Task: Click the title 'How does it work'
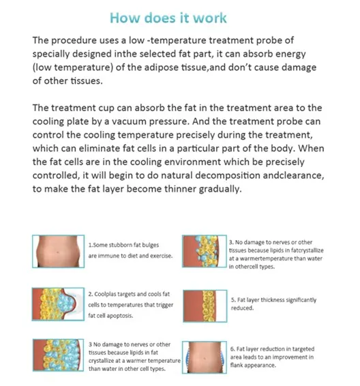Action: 179,17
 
